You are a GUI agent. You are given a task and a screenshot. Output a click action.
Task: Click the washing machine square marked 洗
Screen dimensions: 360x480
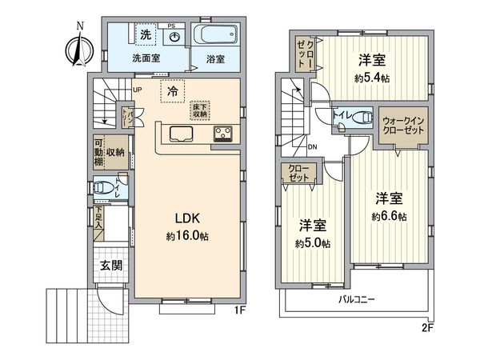tap(146, 35)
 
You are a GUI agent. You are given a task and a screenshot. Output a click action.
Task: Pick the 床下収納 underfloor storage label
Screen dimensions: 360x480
tap(199, 110)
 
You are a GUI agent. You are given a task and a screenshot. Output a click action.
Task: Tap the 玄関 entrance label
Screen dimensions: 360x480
tap(111, 266)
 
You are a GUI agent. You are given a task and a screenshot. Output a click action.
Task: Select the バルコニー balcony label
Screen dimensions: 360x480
tap(352, 298)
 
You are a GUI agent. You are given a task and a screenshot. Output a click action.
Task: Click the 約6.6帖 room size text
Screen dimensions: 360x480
tap(389, 217)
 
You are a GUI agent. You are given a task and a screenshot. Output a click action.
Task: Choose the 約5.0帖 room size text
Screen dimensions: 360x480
tap(313, 243)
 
